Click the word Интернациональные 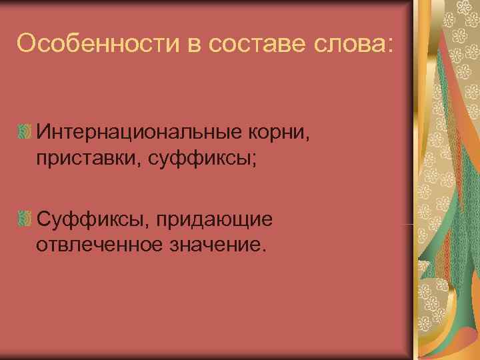pyautogui.click(x=139, y=130)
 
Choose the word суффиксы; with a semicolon pyautogui.click(x=187, y=158)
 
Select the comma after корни pyautogui.click(x=307, y=135)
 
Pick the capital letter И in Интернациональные pyautogui.click(x=44, y=130)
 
